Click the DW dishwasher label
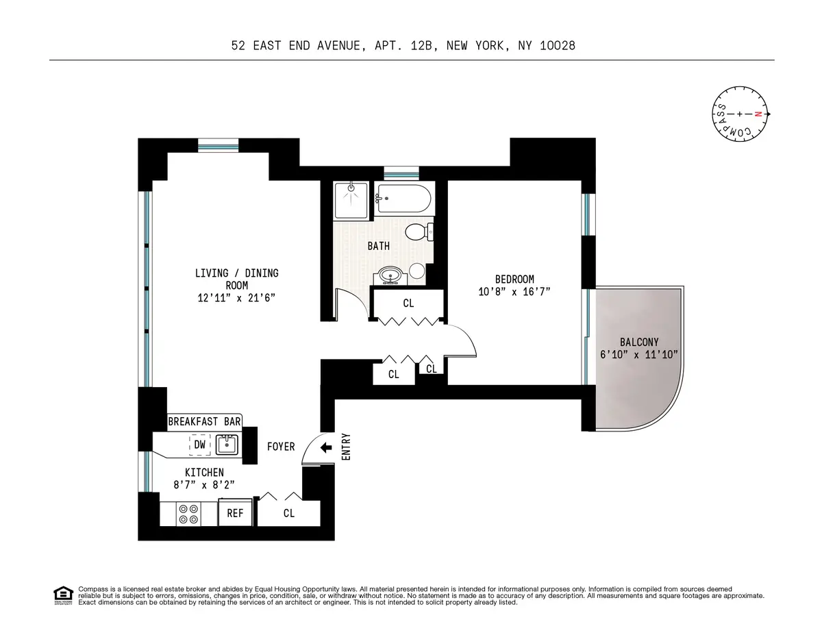[199, 445]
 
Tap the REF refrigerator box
[235, 512]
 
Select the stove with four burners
[188, 514]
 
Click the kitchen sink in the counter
[226, 445]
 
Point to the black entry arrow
[326, 447]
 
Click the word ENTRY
[346, 446]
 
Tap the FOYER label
[281, 447]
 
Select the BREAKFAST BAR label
[205, 422]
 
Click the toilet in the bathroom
[417, 232]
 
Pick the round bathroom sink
[390, 275]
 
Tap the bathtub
[403, 199]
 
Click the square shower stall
[351, 200]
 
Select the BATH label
[378, 246]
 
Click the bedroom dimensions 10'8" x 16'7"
[514, 291]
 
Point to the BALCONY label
[638, 342]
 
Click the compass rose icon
[739, 114]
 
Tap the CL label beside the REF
[289, 512]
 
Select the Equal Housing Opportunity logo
[62, 595]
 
